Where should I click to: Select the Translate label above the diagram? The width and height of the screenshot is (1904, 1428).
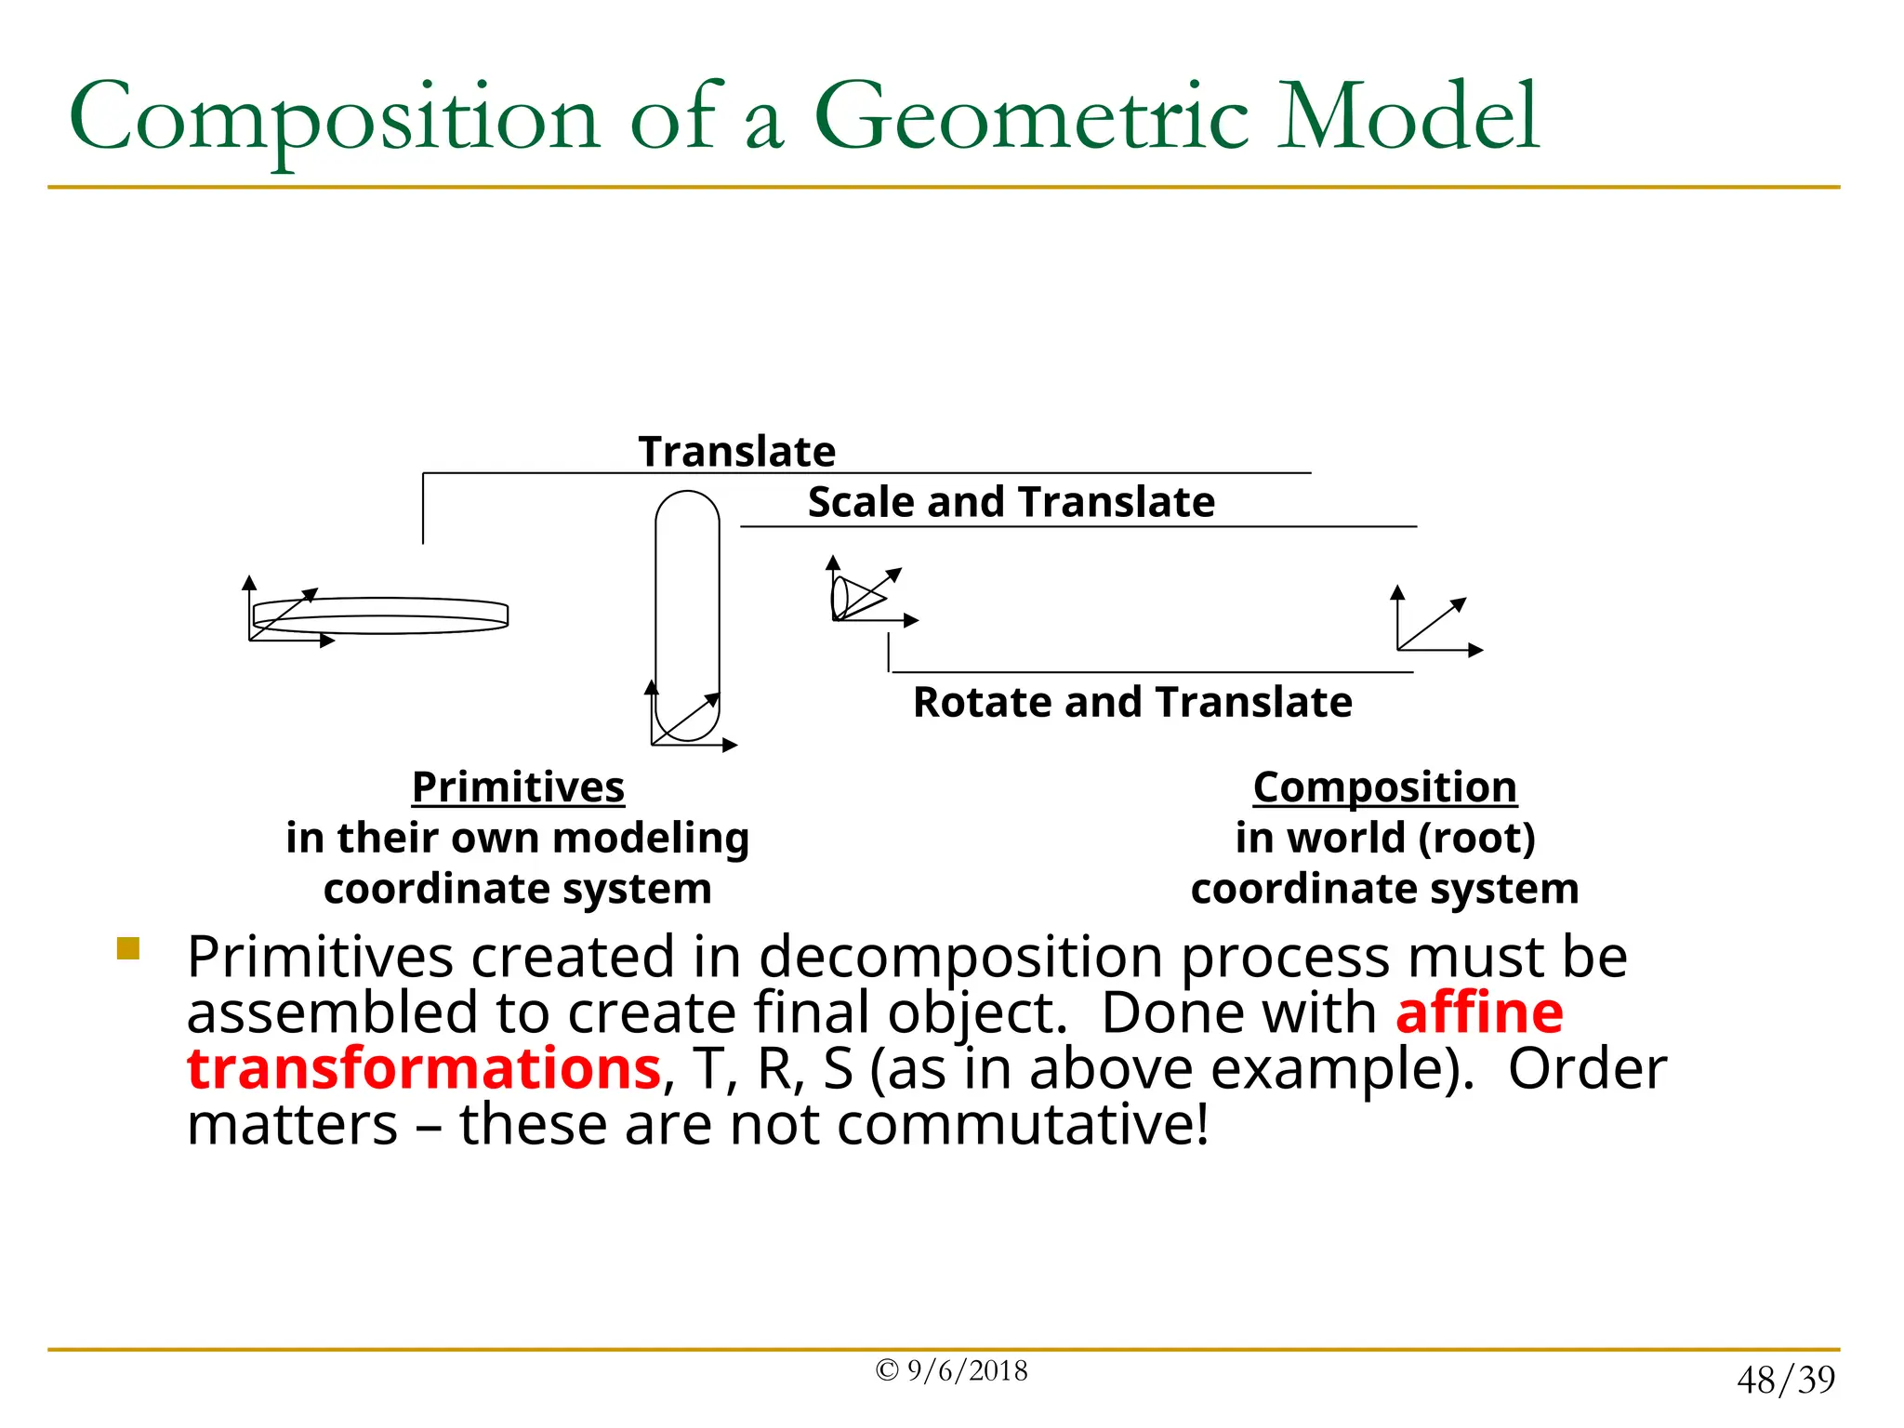tap(736, 452)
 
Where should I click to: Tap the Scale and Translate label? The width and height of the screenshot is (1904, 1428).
tap(1011, 502)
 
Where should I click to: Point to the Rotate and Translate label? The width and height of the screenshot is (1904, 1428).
tap(1131, 702)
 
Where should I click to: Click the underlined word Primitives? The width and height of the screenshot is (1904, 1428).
tap(518, 787)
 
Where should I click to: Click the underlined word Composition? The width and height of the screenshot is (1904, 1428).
tap(1384, 787)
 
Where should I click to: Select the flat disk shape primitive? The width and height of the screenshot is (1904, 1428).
tap(381, 615)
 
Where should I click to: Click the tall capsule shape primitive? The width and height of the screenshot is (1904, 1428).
tap(687, 614)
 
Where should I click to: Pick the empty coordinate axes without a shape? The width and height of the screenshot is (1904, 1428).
tap(1432, 625)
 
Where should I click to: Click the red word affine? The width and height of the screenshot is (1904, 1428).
tap(1478, 1012)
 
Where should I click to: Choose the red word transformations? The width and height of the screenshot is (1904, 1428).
tap(424, 1068)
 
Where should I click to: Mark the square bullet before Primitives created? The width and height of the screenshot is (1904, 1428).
tap(128, 948)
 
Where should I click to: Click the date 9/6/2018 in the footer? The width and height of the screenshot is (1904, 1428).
tap(967, 1371)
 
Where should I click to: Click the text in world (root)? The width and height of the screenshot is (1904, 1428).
tap(1384, 838)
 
